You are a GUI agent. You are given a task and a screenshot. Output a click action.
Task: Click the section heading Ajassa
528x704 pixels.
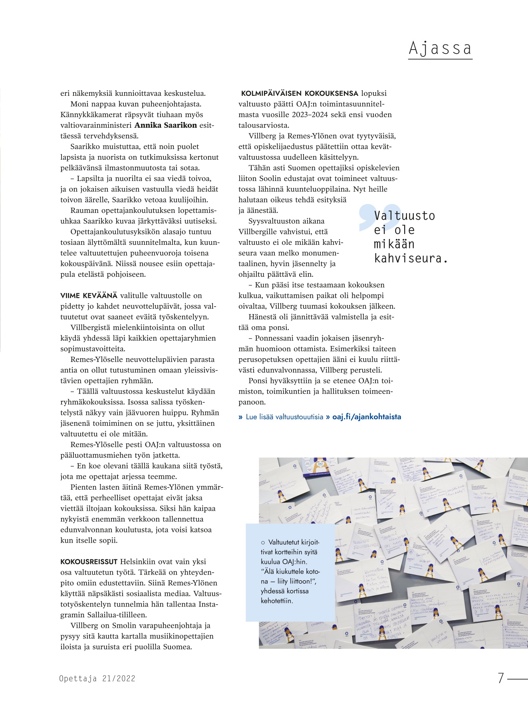pyautogui.click(x=440, y=48)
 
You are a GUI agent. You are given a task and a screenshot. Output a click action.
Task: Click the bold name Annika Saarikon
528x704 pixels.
pyautogui.click(x=165, y=125)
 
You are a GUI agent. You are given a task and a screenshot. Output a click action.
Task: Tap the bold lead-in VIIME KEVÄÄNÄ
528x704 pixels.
pyautogui.click(x=89, y=295)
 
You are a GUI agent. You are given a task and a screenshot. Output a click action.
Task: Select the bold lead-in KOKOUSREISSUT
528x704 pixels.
pyautogui.click(x=89, y=562)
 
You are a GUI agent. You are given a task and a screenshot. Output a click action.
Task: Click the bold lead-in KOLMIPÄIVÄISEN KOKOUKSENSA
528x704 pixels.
pyautogui.click(x=300, y=93)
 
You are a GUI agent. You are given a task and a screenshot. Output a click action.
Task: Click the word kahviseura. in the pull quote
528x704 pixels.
pyautogui.click(x=411, y=258)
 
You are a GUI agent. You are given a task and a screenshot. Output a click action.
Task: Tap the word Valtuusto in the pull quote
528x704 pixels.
pyautogui.click(x=404, y=216)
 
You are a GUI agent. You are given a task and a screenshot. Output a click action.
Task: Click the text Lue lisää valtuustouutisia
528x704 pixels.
pyautogui.click(x=284, y=417)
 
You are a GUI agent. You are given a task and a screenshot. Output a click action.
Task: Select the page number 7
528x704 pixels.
pyautogui.click(x=500, y=678)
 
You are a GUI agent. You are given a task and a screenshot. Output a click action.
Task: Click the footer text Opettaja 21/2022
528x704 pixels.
pyautogui.click(x=97, y=678)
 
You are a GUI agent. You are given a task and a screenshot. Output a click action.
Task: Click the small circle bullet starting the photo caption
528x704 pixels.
pyautogui.click(x=263, y=543)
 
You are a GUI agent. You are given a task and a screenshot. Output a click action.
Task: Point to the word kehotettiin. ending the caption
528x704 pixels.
pyautogui.click(x=277, y=601)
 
